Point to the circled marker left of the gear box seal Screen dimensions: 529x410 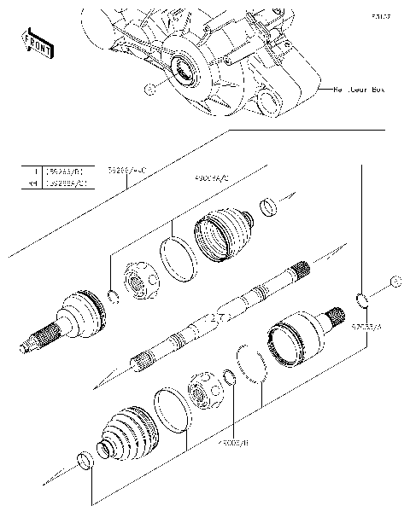point(149,89)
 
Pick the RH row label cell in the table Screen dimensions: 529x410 point(32,183)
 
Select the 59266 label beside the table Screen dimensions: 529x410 point(127,171)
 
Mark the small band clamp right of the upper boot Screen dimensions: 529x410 point(268,206)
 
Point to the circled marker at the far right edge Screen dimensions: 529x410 point(395,282)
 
